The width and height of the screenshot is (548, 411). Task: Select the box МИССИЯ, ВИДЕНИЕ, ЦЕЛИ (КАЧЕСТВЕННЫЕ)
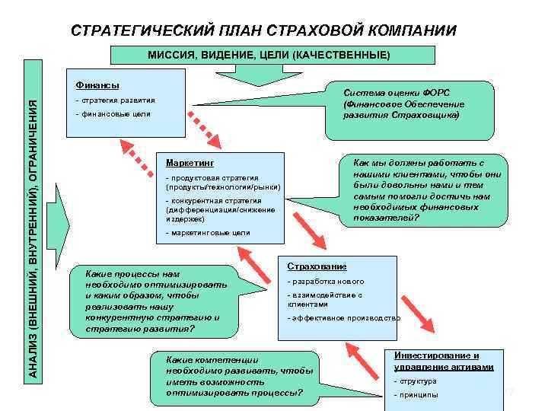point(272,55)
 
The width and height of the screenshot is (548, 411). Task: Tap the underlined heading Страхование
point(317,266)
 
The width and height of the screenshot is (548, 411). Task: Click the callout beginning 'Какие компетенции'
point(228,376)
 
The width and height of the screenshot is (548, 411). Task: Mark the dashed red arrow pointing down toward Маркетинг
point(205,128)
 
